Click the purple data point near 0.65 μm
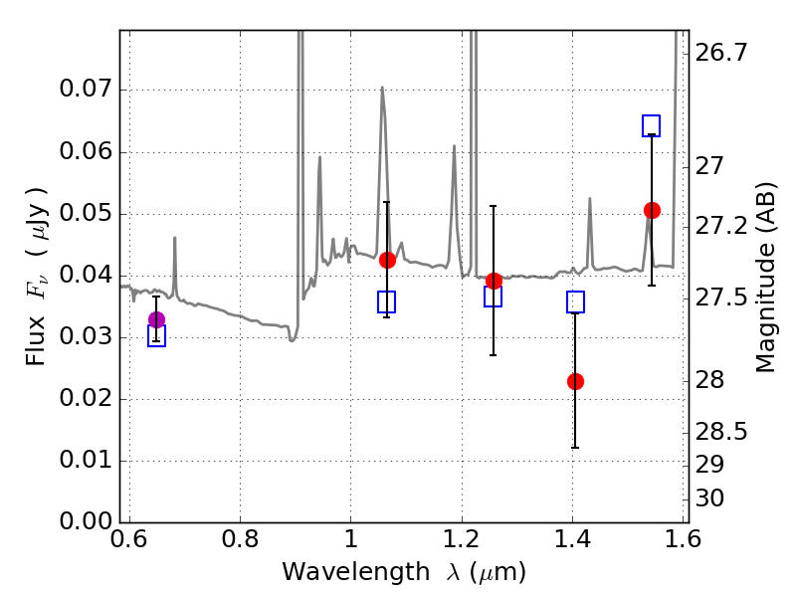pyautogui.click(x=157, y=319)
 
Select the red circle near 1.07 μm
pyautogui.click(x=387, y=260)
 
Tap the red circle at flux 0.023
pyautogui.click(x=575, y=381)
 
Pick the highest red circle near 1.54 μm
pyautogui.click(x=652, y=210)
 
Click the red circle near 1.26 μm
pyautogui.click(x=494, y=281)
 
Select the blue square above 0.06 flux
pyautogui.click(x=652, y=125)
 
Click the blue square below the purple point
pyautogui.click(x=156, y=335)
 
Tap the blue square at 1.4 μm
pyautogui.click(x=575, y=302)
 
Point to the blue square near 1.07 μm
pyautogui.click(x=387, y=302)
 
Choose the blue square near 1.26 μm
pyautogui.click(x=493, y=296)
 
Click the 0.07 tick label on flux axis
pyautogui.click(x=86, y=89)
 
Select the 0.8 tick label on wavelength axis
pyautogui.click(x=240, y=538)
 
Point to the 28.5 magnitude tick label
pyautogui.click(x=720, y=432)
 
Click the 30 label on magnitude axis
pyautogui.click(x=709, y=498)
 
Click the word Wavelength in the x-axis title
pyautogui.click(x=356, y=572)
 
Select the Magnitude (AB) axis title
pyautogui.click(x=765, y=278)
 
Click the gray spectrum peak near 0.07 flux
pyautogui.click(x=382, y=88)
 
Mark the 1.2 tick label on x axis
pyautogui.click(x=462, y=538)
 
